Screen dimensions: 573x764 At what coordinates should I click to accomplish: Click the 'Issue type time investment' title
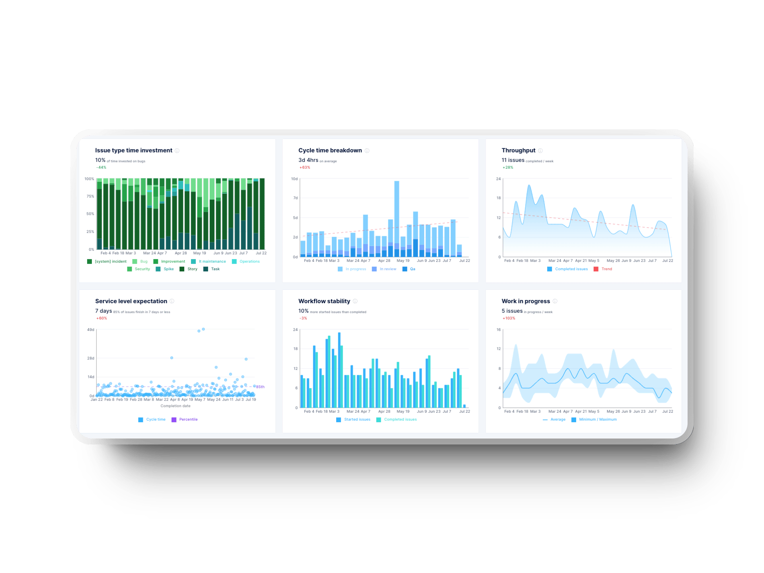pyautogui.click(x=133, y=150)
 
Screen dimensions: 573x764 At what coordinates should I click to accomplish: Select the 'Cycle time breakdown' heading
pyautogui.click(x=330, y=150)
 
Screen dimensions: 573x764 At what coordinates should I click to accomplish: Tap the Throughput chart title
pyautogui.click(x=518, y=150)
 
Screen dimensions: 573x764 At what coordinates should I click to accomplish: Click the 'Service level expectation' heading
pyautogui.click(x=131, y=301)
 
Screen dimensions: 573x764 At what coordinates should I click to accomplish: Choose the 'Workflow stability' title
pyautogui.click(x=324, y=301)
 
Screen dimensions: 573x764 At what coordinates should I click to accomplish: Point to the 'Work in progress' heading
pyautogui.click(x=525, y=301)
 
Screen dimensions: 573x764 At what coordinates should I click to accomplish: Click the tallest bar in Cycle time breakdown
pyautogui.click(x=397, y=215)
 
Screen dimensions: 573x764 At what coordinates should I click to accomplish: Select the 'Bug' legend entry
pyautogui.click(x=144, y=261)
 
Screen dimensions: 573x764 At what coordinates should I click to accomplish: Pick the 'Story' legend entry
pyautogui.click(x=192, y=269)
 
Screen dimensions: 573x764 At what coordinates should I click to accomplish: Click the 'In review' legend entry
pyautogui.click(x=388, y=269)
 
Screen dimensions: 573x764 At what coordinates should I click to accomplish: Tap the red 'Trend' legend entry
pyautogui.click(x=606, y=269)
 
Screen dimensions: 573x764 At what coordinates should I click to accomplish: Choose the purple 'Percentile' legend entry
pyautogui.click(x=188, y=419)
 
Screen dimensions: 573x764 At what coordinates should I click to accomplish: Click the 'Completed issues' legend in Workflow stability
pyautogui.click(x=400, y=419)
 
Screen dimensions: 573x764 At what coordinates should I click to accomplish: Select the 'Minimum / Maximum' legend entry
pyautogui.click(x=597, y=419)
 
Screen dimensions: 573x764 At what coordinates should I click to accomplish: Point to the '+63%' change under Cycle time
pyautogui.click(x=305, y=168)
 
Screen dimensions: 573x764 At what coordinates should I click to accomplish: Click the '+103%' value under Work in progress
pyautogui.click(x=509, y=318)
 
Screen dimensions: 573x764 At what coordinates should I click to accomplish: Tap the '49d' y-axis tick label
pyautogui.click(x=91, y=330)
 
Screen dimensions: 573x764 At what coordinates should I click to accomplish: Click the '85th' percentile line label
pyautogui.click(x=260, y=387)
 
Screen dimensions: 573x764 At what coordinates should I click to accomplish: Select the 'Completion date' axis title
pyautogui.click(x=175, y=406)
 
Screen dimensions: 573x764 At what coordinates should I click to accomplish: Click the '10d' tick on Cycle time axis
pyautogui.click(x=294, y=179)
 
